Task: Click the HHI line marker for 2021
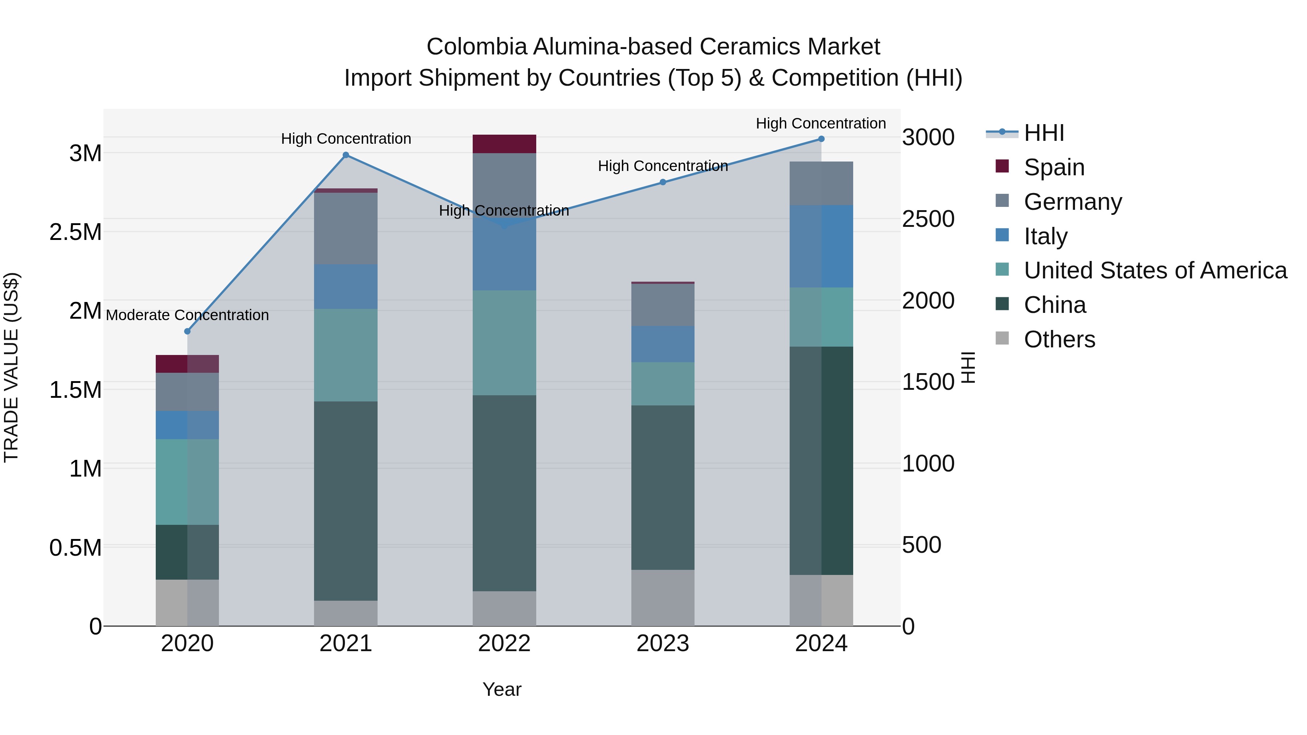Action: (x=346, y=155)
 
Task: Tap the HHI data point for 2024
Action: (x=822, y=139)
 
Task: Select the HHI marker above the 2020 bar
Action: (x=187, y=331)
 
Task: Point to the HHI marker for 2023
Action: (x=663, y=182)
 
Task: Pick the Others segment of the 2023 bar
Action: (x=663, y=597)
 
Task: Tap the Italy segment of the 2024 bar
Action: (x=822, y=246)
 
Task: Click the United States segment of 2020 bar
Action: (x=187, y=482)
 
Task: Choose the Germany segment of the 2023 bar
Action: (x=663, y=305)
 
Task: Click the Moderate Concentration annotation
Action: (x=187, y=315)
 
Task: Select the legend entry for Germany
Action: (x=1072, y=202)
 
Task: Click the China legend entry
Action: (x=1055, y=305)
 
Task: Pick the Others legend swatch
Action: (x=1002, y=338)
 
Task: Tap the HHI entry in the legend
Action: (x=1044, y=133)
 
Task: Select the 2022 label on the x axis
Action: (x=504, y=644)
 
